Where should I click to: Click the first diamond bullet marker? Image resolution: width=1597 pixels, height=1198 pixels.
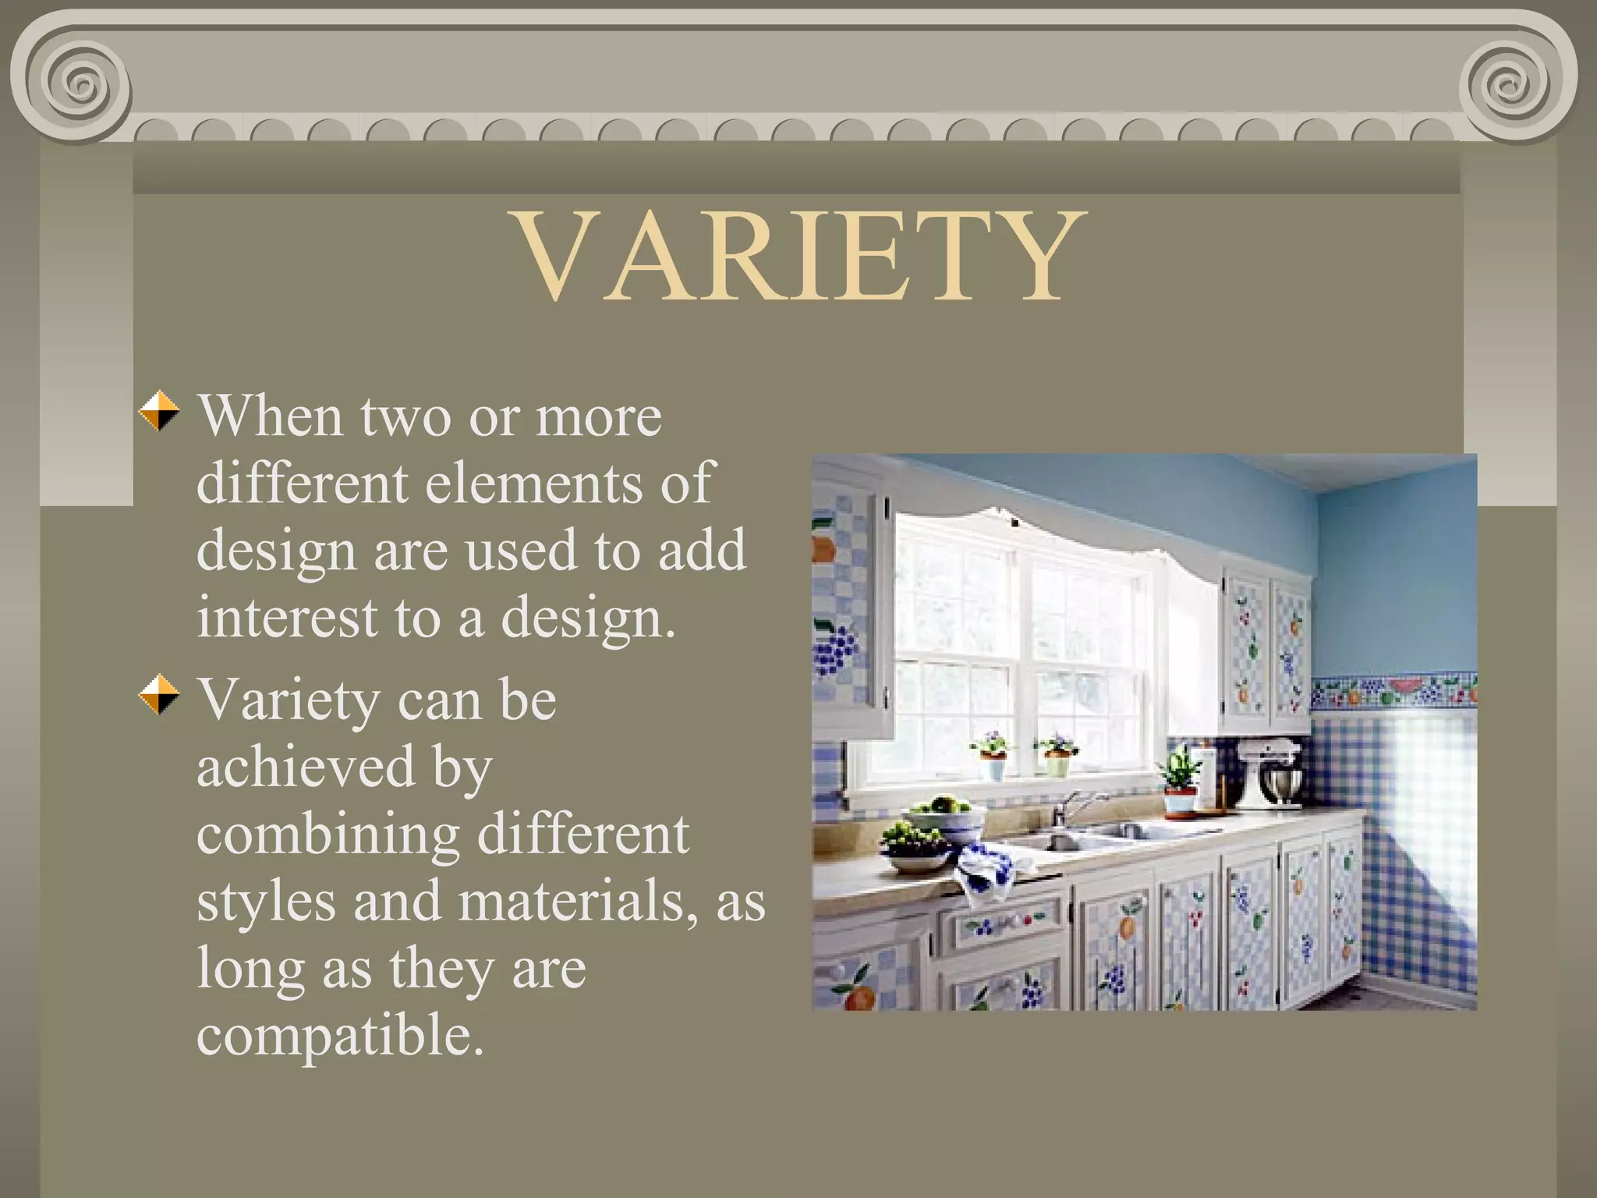tap(159, 411)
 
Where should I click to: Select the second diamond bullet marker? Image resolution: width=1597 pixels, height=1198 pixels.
tap(159, 694)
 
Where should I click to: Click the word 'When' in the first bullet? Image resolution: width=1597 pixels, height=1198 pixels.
tap(270, 416)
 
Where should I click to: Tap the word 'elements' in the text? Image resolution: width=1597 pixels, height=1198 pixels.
tap(535, 484)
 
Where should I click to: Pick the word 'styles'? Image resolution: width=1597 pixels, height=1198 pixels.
tap(266, 902)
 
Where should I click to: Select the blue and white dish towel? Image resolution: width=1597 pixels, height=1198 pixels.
tap(986, 870)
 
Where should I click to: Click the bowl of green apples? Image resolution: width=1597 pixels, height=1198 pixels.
tap(944, 811)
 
